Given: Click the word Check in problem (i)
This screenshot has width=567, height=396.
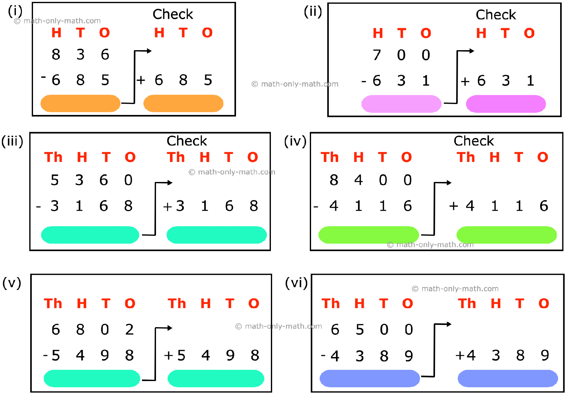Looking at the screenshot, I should tap(173, 14).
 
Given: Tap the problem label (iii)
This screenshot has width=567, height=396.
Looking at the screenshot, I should tap(12, 141).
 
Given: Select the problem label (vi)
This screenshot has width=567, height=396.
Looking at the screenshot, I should tap(296, 283).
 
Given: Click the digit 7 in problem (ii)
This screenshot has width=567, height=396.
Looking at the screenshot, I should tap(377, 55).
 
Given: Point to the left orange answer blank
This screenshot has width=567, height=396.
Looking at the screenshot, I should tap(80, 103).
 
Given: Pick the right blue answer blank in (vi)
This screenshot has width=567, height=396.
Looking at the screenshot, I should tap(508, 378).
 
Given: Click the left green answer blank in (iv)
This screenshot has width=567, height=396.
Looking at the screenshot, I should tap(368, 235).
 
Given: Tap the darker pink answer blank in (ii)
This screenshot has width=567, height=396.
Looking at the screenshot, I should tap(506, 104).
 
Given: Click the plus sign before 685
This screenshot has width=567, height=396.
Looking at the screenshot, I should tap(141, 80).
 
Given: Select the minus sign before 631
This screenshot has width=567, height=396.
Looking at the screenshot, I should tap(363, 81).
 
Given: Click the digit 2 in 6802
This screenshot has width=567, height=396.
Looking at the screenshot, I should tap(129, 330).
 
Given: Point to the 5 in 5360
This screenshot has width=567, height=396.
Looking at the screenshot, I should tap(55, 180).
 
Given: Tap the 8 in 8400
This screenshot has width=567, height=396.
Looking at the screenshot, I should tap(334, 180).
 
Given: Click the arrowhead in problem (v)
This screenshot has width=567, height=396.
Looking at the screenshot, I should tap(170, 328).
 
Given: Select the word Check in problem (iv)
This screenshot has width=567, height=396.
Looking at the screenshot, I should tap(474, 141).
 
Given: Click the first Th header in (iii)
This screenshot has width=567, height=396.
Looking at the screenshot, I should tap(53, 157).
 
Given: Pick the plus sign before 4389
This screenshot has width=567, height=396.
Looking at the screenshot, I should tap(460, 355).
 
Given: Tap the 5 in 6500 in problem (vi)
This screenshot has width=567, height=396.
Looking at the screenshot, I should tap(360, 330).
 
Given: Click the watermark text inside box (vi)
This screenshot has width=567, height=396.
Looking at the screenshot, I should tap(455, 289).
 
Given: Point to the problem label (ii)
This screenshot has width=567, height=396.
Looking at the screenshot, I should tap(313, 12).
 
